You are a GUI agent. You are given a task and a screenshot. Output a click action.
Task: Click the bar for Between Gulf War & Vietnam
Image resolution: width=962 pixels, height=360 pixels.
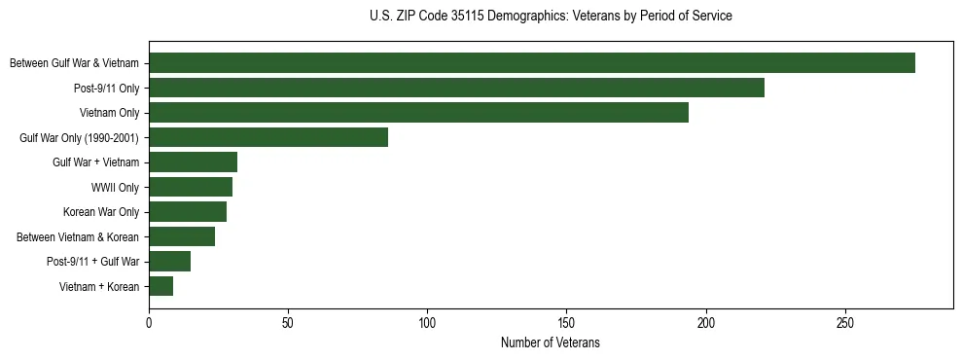tap(532, 63)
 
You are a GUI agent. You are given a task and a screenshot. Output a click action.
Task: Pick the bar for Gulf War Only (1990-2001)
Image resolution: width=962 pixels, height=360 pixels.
tap(268, 137)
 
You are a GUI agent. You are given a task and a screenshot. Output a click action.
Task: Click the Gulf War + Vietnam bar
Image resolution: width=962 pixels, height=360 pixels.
tap(193, 162)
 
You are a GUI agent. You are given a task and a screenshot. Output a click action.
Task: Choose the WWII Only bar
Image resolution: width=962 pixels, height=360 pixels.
tap(191, 187)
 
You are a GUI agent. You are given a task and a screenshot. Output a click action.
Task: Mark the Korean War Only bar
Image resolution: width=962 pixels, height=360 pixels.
tap(188, 212)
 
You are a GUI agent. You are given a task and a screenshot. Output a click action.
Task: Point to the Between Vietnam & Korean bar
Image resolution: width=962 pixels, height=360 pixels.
tap(182, 236)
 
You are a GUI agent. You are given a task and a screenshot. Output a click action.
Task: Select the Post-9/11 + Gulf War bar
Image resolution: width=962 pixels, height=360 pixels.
tap(169, 262)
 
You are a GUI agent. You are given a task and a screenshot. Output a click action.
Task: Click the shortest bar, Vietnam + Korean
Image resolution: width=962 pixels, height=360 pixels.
tap(161, 286)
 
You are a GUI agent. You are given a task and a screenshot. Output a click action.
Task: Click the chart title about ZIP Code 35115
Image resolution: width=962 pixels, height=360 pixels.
tap(551, 17)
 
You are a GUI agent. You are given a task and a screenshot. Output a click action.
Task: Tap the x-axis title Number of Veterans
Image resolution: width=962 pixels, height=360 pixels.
tap(551, 343)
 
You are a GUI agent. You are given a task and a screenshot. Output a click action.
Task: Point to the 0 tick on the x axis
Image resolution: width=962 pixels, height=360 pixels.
tap(149, 323)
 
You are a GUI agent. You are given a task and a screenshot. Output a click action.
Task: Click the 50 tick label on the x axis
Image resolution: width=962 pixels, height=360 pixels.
tap(288, 323)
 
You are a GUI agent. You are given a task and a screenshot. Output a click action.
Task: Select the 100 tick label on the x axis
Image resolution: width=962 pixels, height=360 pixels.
tap(427, 323)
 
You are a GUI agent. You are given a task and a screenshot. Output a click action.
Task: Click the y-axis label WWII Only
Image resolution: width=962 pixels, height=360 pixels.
tap(115, 187)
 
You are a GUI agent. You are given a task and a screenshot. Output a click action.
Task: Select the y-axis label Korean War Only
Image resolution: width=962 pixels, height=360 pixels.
tap(101, 212)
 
